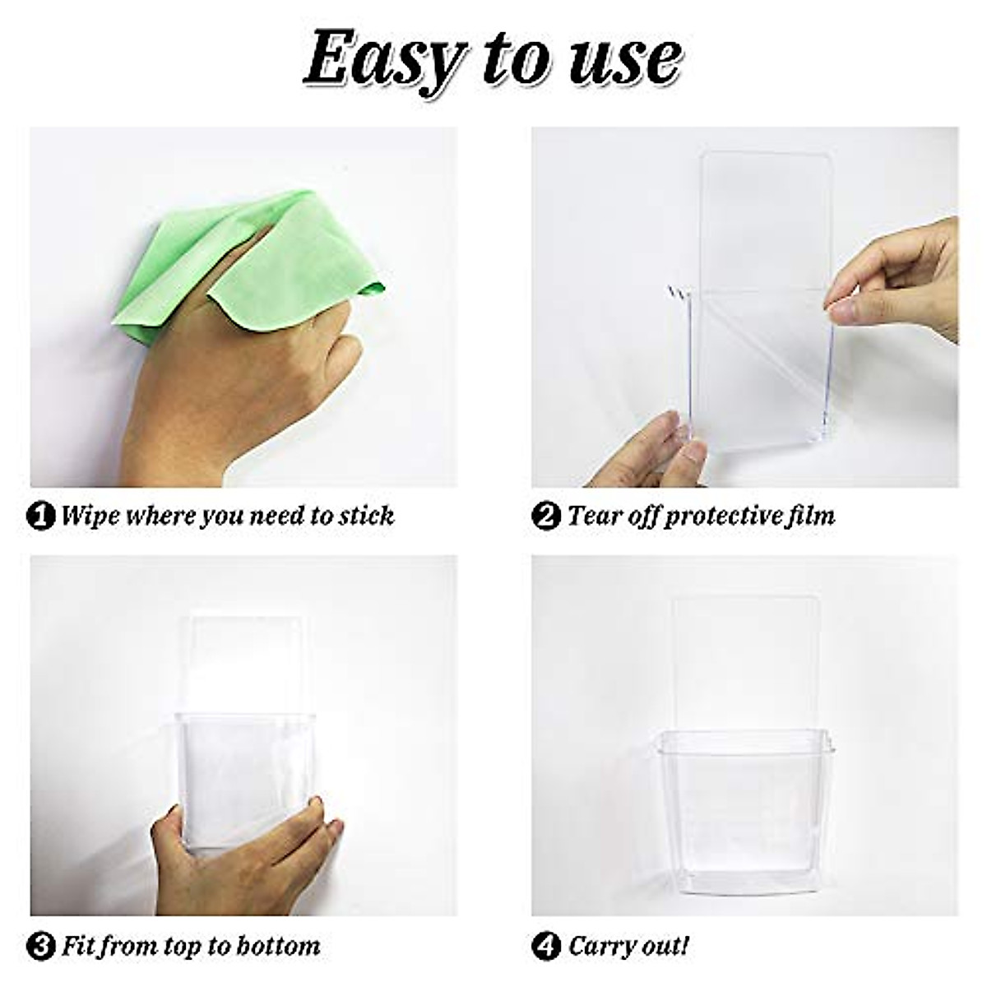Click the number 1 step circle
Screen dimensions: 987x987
click(x=41, y=517)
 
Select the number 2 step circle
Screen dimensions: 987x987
click(x=545, y=517)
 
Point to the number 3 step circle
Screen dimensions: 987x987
click(x=41, y=946)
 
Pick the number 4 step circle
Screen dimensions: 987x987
click(x=545, y=946)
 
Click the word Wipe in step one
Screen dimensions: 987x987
click(x=90, y=517)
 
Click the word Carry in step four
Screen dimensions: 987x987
click(x=600, y=946)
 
